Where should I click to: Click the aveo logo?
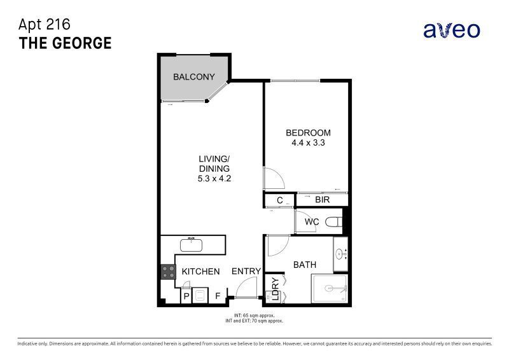(x=452, y=29)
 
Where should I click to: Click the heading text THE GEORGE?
(x=66, y=43)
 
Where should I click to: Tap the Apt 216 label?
(x=45, y=24)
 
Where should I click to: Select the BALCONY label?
(x=194, y=77)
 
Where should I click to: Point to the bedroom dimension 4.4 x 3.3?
(x=308, y=143)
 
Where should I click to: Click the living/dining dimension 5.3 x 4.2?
(x=214, y=179)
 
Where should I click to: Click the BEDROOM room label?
(x=308, y=133)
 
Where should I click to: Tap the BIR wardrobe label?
(x=323, y=200)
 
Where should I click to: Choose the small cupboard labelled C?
(x=279, y=200)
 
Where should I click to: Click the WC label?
(x=312, y=222)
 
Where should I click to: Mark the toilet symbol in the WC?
(x=333, y=222)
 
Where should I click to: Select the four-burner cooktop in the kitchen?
(x=169, y=272)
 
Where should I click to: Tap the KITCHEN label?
(x=200, y=272)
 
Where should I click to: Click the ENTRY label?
(x=246, y=272)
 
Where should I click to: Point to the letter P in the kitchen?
(x=186, y=296)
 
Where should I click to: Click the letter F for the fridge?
(x=218, y=296)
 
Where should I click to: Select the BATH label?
(x=304, y=264)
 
